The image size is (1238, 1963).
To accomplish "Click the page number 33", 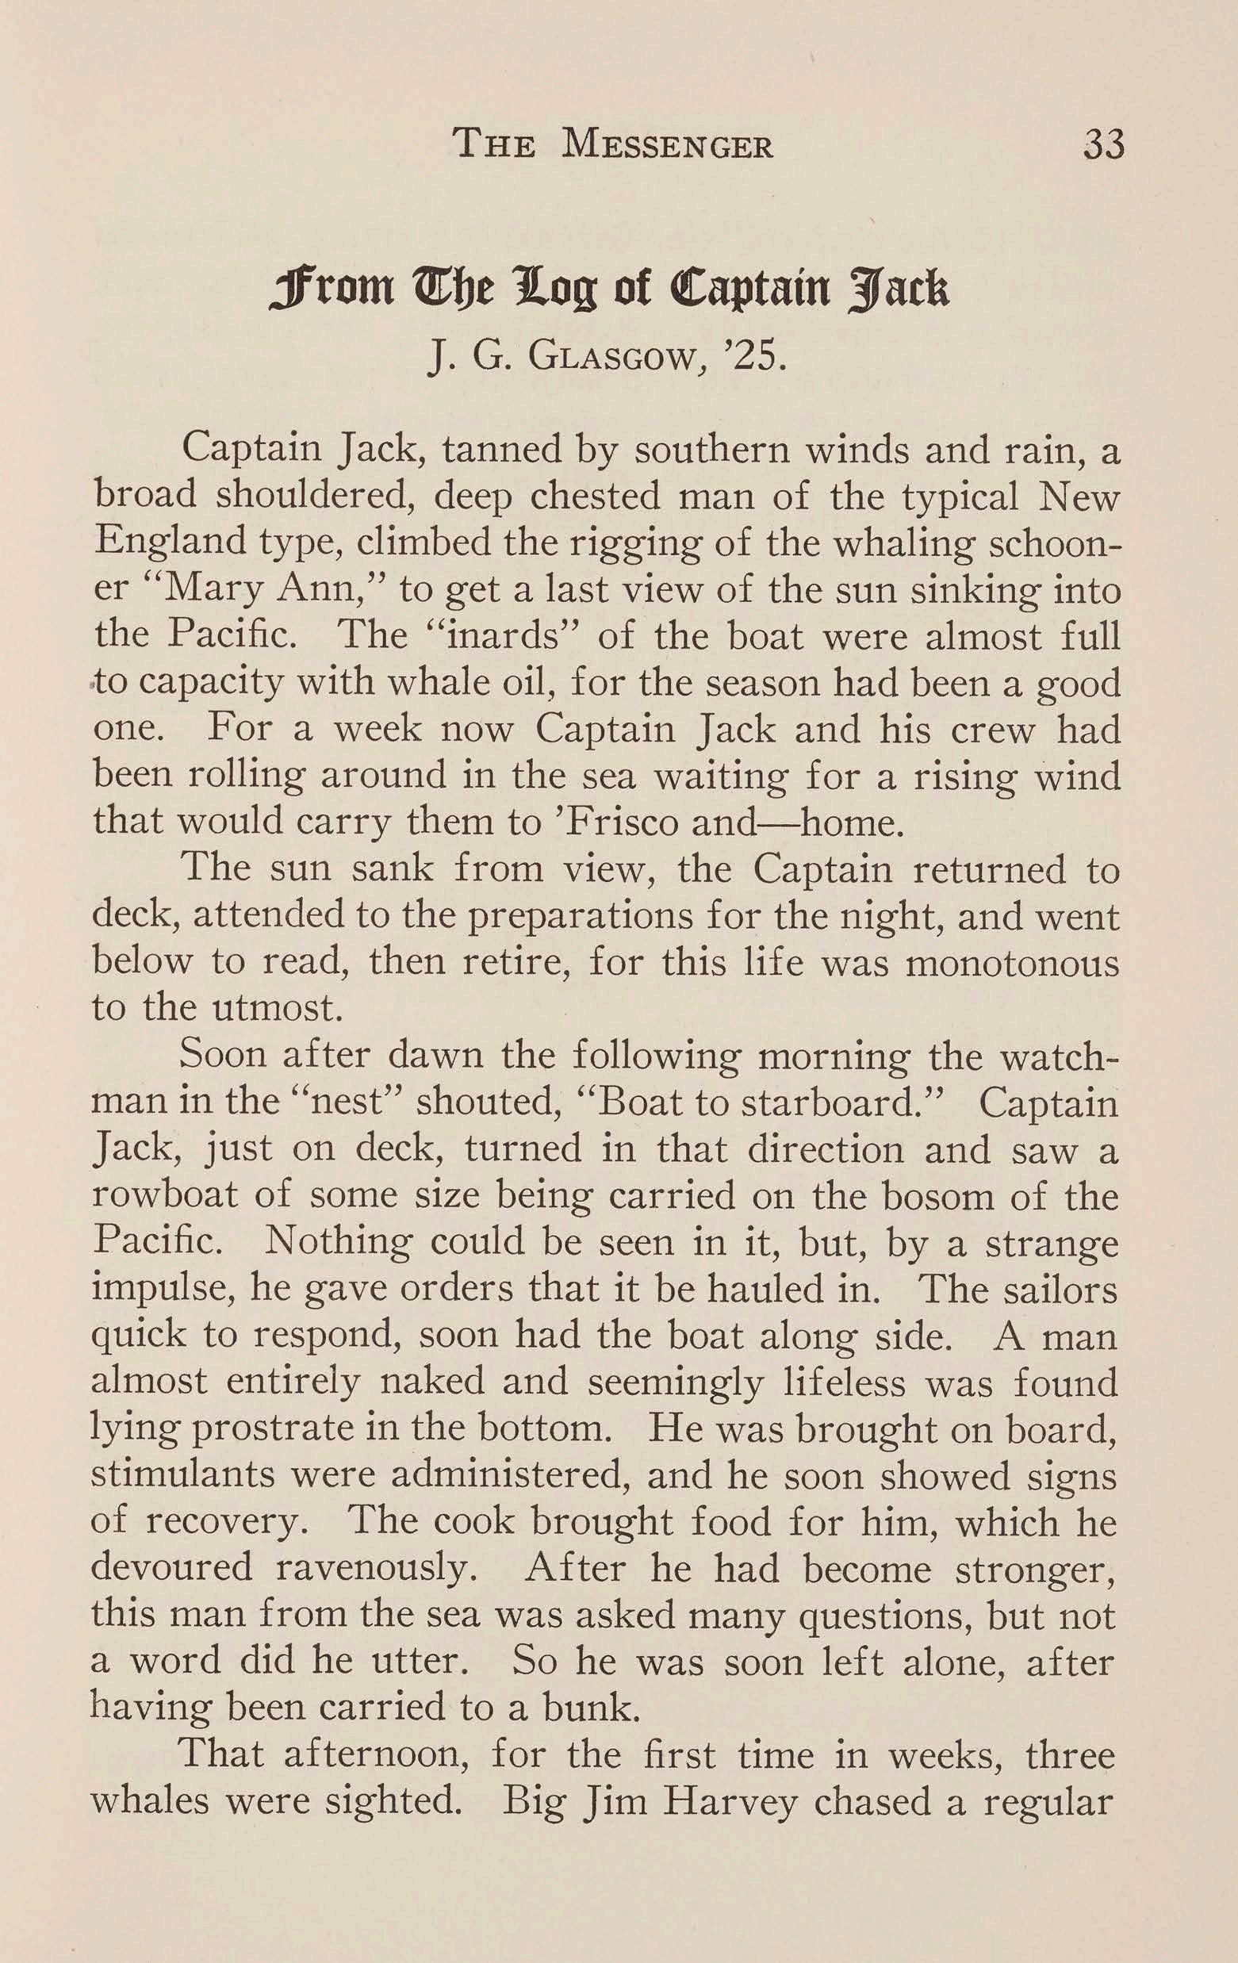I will pos(1102,145).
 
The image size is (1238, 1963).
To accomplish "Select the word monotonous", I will pos(1012,963).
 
